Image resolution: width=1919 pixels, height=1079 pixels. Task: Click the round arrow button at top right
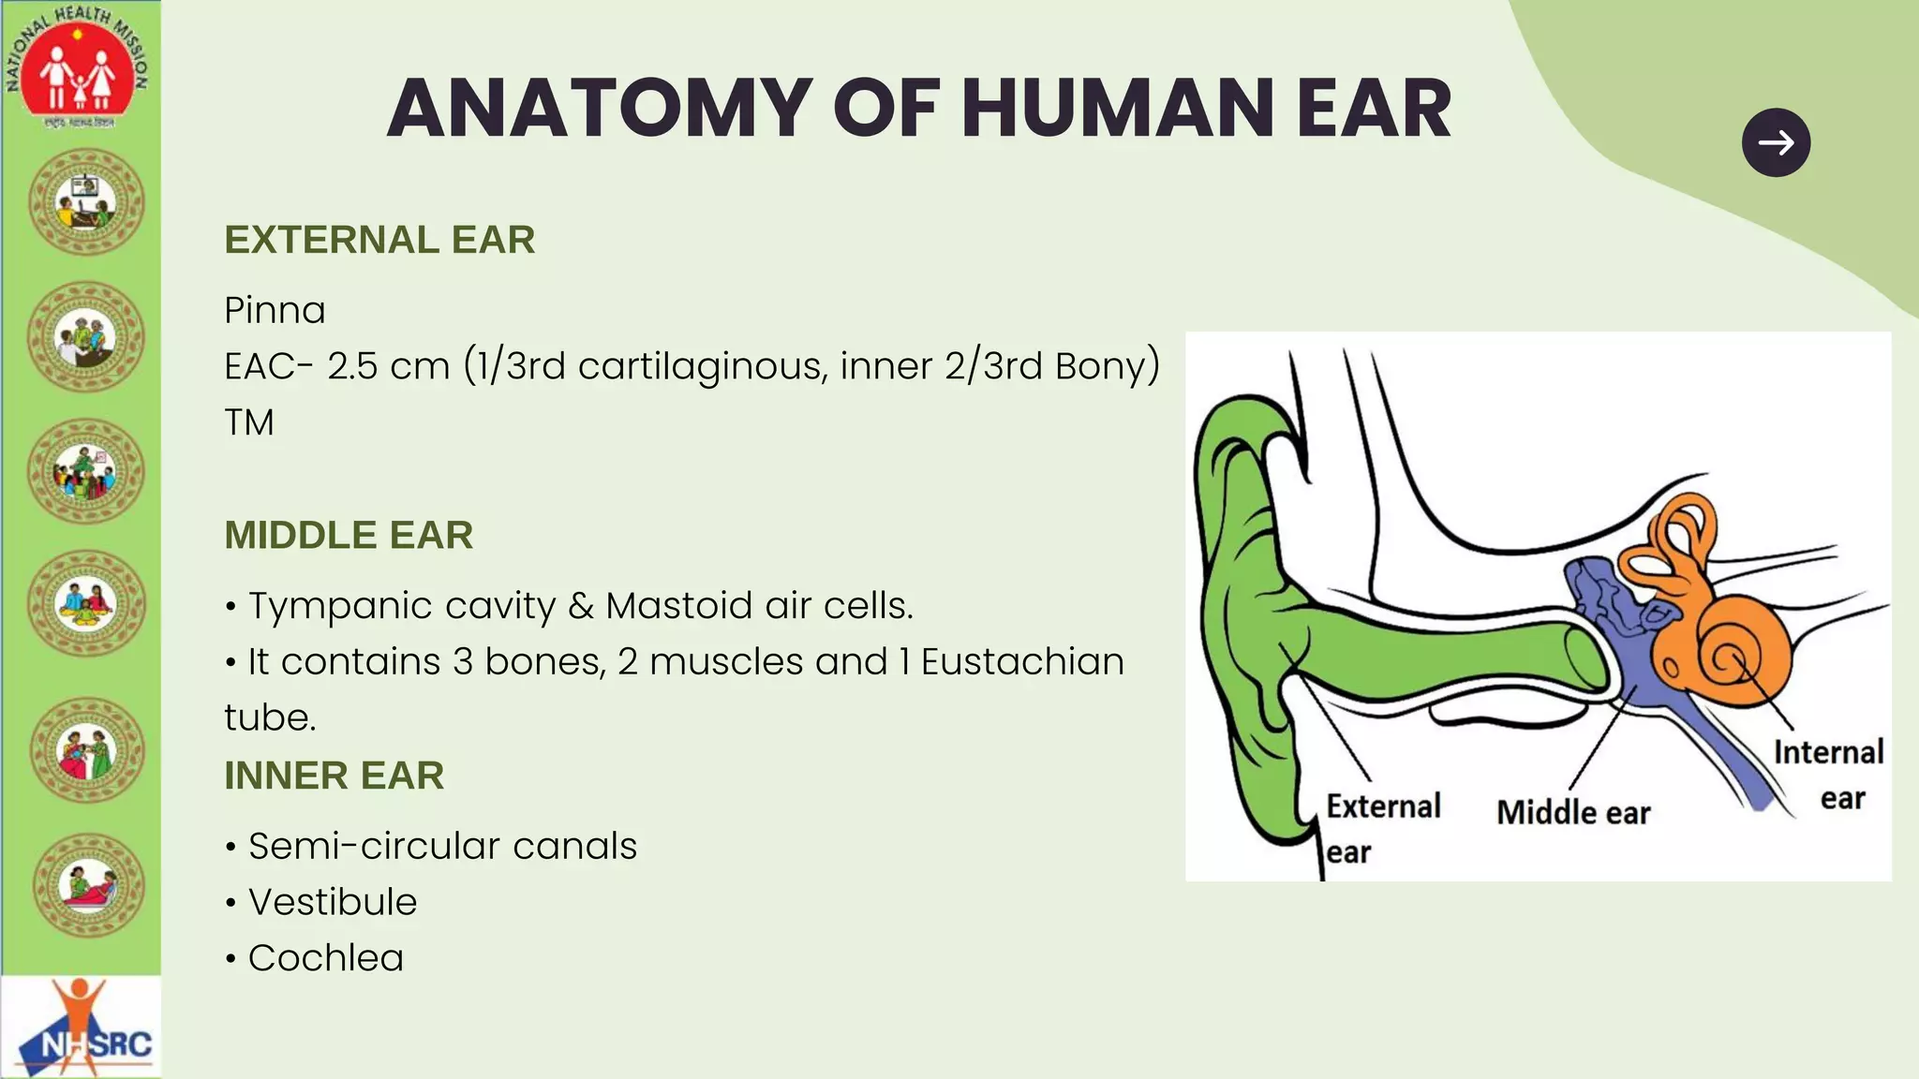[x=1776, y=142]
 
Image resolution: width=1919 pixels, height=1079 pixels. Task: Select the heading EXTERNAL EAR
[x=379, y=240]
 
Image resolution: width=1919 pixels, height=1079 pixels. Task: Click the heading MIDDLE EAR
[x=349, y=535]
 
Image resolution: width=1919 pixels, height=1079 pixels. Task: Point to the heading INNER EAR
[x=334, y=776]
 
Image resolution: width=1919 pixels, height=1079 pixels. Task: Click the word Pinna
[x=275, y=310]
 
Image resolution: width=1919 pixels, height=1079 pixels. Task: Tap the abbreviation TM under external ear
[x=249, y=422]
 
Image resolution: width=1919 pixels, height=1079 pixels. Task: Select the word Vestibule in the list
[x=332, y=902]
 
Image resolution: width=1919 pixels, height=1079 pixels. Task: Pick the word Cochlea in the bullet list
[x=325, y=958]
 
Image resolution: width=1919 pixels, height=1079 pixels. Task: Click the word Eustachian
[x=1022, y=662]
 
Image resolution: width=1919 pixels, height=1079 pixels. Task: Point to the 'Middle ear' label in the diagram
[x=1573, y=812]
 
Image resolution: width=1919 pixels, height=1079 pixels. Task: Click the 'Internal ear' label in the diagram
[x=1829, y=774]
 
